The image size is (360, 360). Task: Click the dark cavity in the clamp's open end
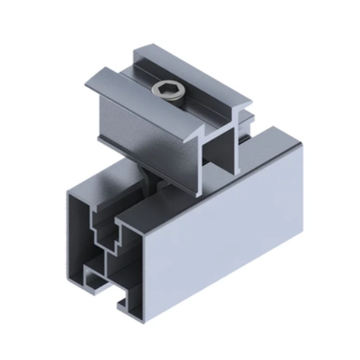(220, 150)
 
